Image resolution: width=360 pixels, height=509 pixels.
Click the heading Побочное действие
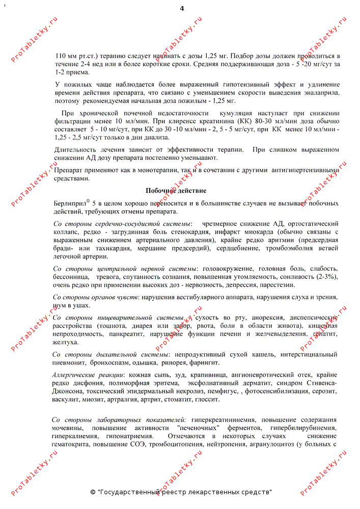coord(176,191)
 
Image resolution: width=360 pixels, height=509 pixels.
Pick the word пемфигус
coord(224,391)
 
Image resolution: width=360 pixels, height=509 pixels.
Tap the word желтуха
coord(66,342)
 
